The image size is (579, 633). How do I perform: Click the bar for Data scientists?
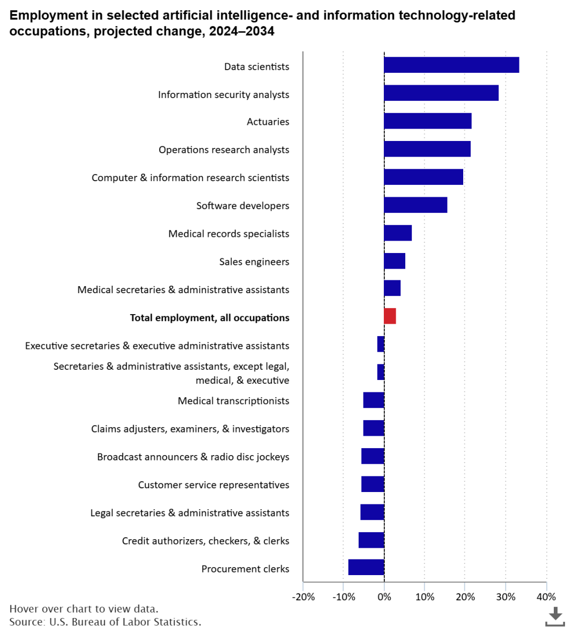451,65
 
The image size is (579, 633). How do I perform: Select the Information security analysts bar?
441,93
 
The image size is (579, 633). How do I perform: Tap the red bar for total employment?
390,316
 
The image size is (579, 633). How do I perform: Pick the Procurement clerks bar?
366,567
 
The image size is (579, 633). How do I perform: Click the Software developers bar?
415,205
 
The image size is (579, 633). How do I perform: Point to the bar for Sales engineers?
395,261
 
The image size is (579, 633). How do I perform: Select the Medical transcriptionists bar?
374,400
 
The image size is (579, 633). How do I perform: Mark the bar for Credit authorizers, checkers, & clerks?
371,540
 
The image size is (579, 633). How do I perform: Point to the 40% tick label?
546,597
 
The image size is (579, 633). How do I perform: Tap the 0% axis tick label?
384,597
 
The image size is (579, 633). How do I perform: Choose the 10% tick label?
425,597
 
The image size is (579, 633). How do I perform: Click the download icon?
555,616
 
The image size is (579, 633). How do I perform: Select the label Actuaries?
268,122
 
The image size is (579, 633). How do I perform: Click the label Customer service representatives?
213,485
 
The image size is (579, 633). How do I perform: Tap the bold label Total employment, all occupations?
210,318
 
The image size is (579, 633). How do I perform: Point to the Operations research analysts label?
224,150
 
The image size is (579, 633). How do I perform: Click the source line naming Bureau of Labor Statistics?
105,622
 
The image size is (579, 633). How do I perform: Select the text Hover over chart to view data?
84,609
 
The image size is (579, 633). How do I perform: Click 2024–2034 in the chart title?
241,32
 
